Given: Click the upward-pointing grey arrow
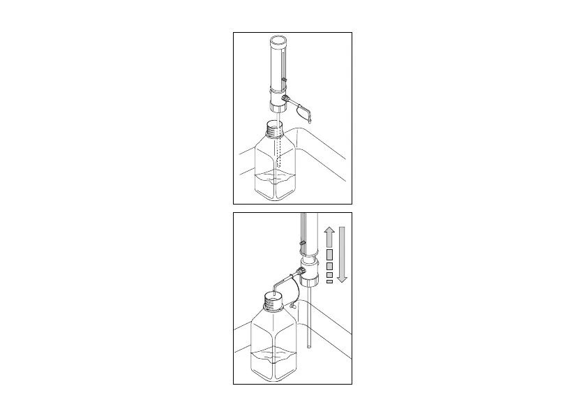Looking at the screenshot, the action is [x=330, y=237].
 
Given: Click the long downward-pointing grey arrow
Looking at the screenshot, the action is [x=342, y=255].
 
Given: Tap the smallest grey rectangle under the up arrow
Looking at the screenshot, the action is [x=329, y=282].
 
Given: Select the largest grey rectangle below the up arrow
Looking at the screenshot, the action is [x=330, y=254].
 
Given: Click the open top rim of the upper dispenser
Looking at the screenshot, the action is [x=278, y=40].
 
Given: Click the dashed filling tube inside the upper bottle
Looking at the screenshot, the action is [x=278, y=150].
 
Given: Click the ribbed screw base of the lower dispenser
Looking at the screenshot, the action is [x=308, y=285].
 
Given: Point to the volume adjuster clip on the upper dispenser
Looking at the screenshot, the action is [x=285, y=83].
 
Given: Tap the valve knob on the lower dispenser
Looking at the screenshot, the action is [x=301, y=272].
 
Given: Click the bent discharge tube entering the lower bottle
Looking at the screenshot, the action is [x=280, y=283].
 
